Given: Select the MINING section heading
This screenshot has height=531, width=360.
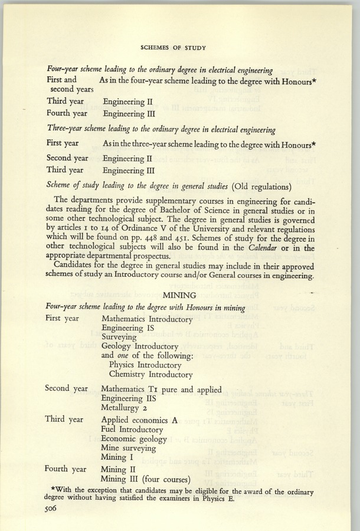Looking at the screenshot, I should tap(180, 296).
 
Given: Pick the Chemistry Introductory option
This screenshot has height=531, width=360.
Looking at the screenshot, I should tap(150, 374).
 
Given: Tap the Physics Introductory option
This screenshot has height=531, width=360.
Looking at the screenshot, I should tap(146, 365).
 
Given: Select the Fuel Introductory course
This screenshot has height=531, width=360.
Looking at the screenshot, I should tap(132, 430).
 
